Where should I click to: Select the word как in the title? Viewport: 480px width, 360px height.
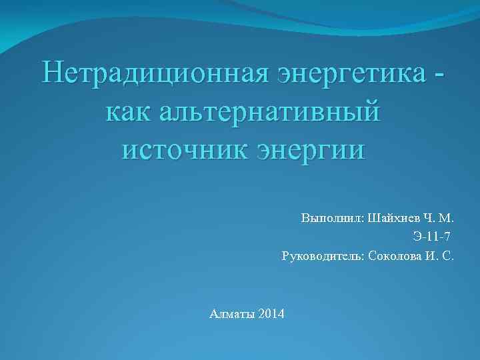[x=129, y=110]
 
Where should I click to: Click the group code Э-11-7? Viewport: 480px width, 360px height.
[x=432, y=237]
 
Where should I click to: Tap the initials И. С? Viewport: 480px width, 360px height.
[x=439, y=256]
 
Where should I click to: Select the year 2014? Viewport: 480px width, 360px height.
[x=270, y=313]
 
